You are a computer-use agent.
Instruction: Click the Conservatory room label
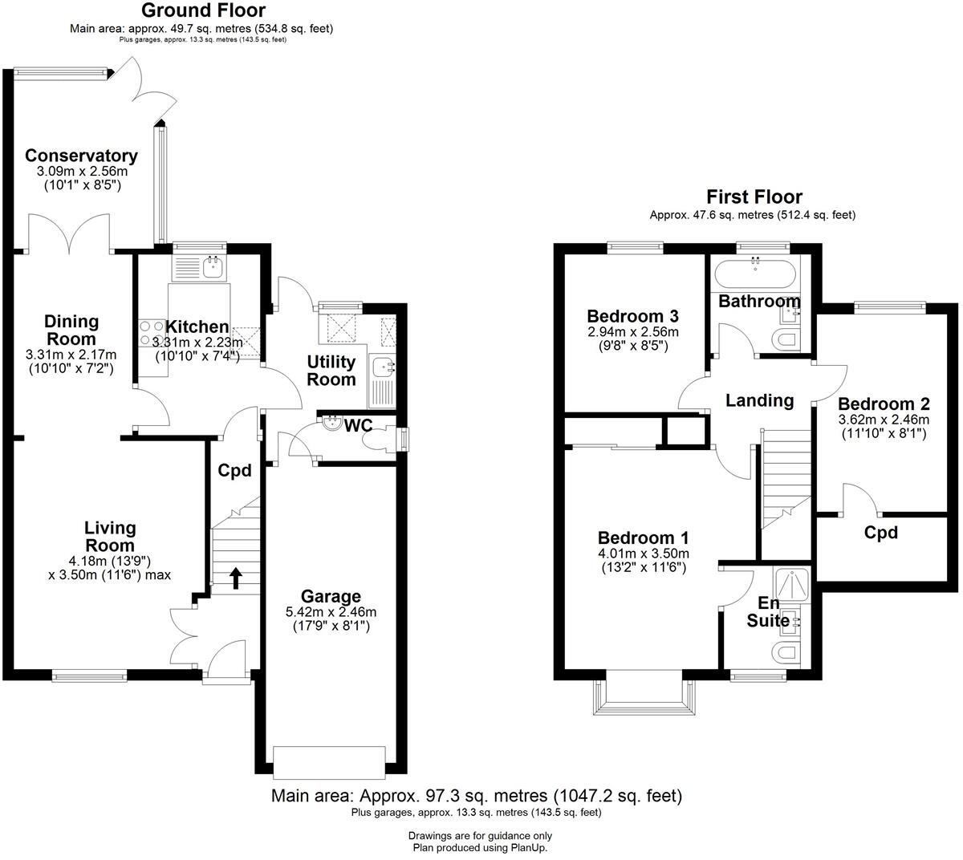tap(81, 156)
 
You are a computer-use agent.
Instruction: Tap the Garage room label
tap(331, 596)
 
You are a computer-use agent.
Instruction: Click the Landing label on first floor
tap(759, 400)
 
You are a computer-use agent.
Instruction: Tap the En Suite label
tap(768, 611)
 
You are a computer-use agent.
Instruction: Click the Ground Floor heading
tap(203, 10)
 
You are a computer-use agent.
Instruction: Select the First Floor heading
tap(754, 197)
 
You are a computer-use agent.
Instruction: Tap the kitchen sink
tap(213, 266)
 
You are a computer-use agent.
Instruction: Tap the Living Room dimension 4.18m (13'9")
tap(109, 561)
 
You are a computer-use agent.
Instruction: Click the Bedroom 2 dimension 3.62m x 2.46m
tap(884, 420)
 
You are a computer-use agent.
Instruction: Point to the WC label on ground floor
tap(358, 425)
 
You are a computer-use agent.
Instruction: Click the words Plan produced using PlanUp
tap(480, 847)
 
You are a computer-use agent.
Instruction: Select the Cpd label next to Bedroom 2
tap(881, 532)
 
